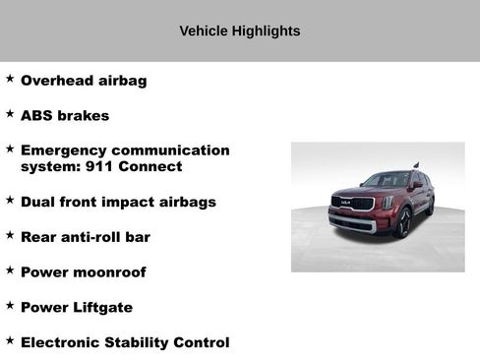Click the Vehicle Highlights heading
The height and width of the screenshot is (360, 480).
point(239,31)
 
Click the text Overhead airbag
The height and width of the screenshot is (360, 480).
point(84,81)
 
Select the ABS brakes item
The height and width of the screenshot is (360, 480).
point(65,115)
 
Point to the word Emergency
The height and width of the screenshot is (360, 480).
point(63,150)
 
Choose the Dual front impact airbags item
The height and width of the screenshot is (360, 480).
point(118,202)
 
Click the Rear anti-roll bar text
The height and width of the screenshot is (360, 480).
point(86,237)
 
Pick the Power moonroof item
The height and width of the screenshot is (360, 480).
point(83,272)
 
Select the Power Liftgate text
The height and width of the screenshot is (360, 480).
point(77,308)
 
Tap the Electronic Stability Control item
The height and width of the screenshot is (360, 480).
point(125,343)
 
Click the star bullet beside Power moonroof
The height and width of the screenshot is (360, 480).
point(10,270)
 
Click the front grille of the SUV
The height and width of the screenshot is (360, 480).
point(352,204)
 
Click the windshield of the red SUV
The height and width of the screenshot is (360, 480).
point(387,181)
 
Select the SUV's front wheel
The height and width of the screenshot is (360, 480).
point(402,223)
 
